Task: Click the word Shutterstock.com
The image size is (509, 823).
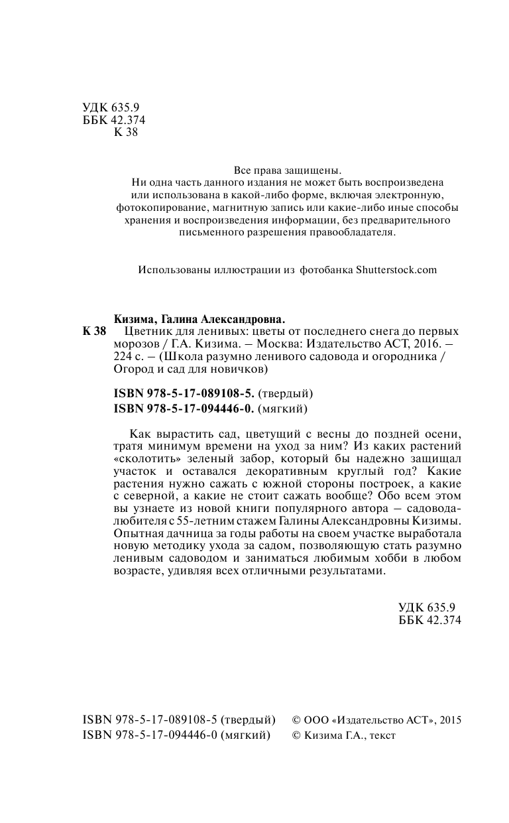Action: pyautogui.click(x=396, y=270)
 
